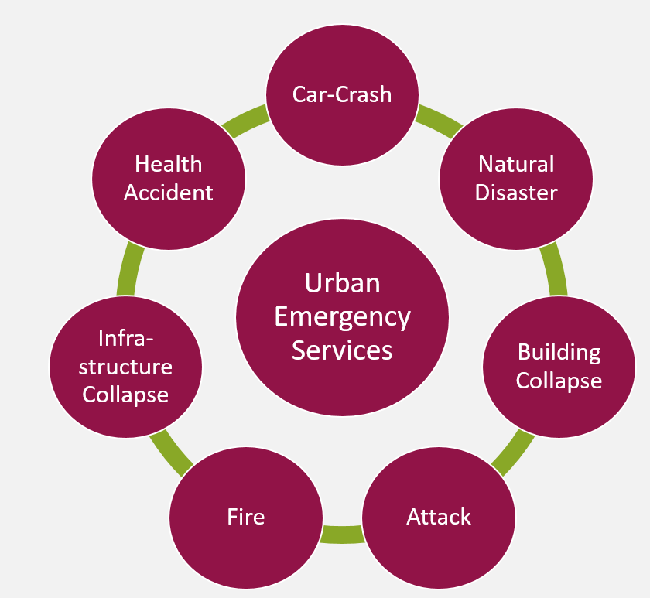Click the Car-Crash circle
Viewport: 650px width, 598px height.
point(342,95)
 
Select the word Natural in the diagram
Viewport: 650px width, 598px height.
point(516,164)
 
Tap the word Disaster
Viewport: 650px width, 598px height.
point(516,193)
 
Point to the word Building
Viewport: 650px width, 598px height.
point(559,354)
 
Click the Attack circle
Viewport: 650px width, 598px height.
point(439,518)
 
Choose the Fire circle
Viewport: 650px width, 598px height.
point(246,518)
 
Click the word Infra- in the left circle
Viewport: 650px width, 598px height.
point(125,339)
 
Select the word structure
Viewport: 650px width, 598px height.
point(125,367)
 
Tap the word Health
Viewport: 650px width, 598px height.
point(169,164)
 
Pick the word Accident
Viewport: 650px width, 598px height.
point(169,193)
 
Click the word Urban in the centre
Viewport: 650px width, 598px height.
point(342,283)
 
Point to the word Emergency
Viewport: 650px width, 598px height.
point(342,317)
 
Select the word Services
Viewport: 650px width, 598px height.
point(342,350)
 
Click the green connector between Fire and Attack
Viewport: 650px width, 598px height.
point(342,535)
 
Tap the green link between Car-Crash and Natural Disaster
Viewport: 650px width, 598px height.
point(438,120)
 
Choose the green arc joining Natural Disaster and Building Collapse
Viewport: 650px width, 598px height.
point(555,268)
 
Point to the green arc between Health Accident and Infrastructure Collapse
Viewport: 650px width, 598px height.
point(130,268)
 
